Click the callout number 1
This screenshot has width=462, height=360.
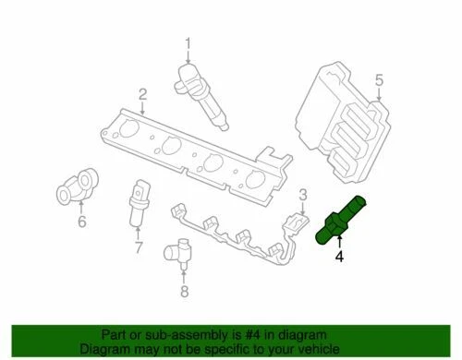point(188,42)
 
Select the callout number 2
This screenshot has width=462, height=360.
point(143,93)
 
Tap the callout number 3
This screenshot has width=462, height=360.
point(301,193)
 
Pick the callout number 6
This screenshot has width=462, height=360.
point(81,222)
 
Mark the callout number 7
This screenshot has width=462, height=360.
point(139,246)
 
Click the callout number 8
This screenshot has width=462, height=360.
point(183,293)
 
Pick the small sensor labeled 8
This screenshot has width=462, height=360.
point(176,251)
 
